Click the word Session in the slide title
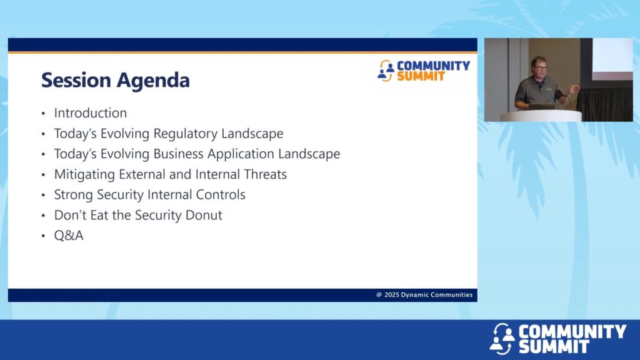76,79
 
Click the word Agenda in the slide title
154,81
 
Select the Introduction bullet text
90,112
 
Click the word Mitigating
84,175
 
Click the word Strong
74,195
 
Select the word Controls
221,195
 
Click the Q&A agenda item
69,236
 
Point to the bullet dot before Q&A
43,236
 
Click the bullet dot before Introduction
43,114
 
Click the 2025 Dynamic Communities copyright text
424,295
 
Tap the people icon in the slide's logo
386,71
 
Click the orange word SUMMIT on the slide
421,76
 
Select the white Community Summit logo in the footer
557,338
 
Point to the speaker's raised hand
574,89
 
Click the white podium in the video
541,116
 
